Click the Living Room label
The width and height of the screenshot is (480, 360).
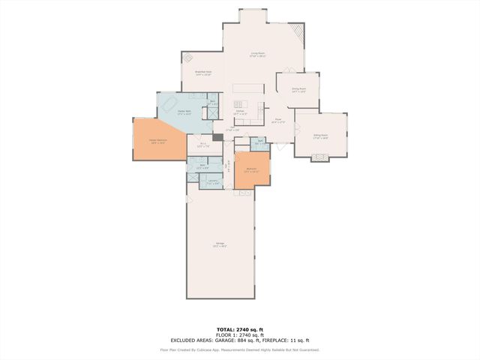tap(259, 54)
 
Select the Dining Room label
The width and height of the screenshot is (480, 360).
tap(298, 90)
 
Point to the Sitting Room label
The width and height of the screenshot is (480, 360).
tap(320, 136)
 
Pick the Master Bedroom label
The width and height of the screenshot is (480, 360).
tap(157, 142)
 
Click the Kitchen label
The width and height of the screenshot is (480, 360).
tap(240, 112)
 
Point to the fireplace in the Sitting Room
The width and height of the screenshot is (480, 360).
tap(320, 157)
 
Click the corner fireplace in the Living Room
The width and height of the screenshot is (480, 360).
tap(298, 32)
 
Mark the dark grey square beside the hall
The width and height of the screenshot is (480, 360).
tap(217, 138)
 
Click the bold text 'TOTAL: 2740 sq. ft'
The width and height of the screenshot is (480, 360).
tap(239, 329)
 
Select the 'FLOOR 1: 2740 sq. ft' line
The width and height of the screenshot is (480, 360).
tap(239, 335)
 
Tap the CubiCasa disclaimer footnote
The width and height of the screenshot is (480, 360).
tap(239, 349)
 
